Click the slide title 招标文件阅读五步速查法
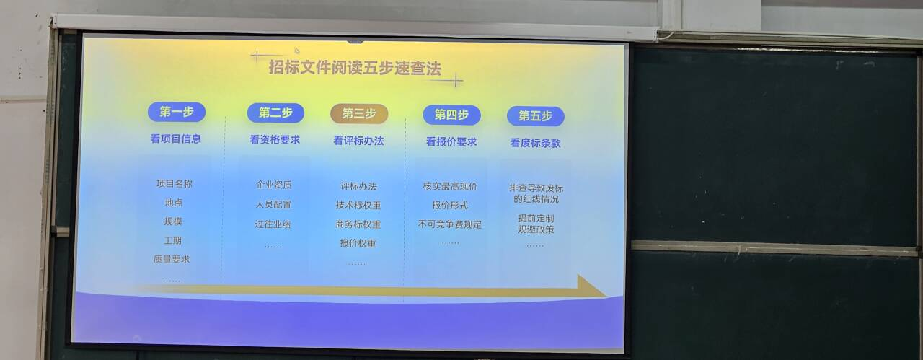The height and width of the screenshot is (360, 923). [355, 68]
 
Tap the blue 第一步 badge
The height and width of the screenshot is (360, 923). [177, 112]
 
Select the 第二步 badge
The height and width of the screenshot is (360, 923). [275, 113]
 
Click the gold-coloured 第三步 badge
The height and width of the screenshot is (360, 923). [359, 114]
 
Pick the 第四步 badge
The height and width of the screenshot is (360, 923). [451, 115]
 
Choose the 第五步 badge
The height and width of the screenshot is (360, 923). [536, 116]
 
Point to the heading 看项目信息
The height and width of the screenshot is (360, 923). [175, 139]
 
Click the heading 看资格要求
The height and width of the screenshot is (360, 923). [275, 140]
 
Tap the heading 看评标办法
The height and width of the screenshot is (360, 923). [358, 141]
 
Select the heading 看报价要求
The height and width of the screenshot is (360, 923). [451, 142]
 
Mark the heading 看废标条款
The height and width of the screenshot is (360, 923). [535, 143]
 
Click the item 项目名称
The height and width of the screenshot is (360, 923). [175, 184]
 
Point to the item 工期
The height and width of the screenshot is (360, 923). [172, 240]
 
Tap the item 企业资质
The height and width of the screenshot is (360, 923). [274, 185]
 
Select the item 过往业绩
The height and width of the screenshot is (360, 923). [273, 224]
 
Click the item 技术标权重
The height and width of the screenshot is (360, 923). [358, 206]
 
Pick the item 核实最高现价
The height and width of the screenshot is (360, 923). [451, 186]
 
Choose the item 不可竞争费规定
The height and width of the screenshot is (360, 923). [450, 224]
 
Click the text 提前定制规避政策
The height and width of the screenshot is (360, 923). [536, 224]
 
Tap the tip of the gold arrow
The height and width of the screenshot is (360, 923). [606, 296]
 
